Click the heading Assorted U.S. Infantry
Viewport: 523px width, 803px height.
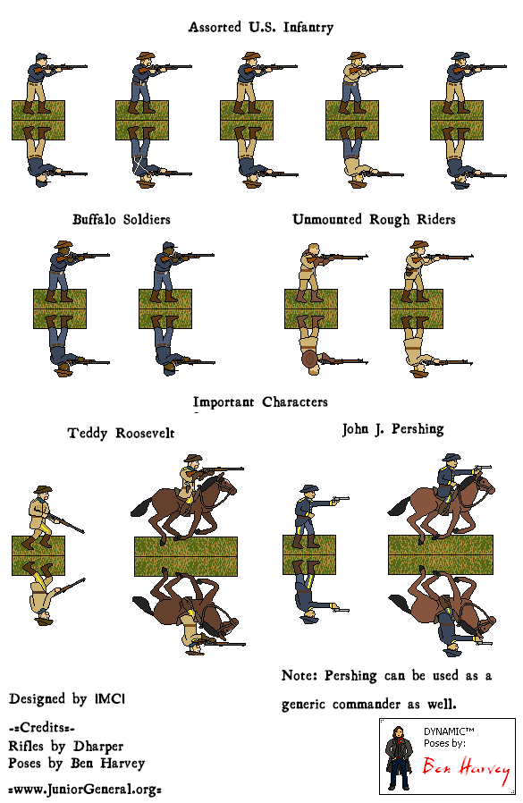pyautogui.click(x=261, y=27)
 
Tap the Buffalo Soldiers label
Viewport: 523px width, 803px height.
pyautogui.click(x=122, y=220)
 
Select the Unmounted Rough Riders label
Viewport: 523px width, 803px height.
pyautogui.click(x=374, y=220)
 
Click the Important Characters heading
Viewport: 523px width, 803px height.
pyautogui.click(x=260, y=402)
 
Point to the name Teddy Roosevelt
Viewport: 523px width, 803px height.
pyautogui.click(x=122, y=434)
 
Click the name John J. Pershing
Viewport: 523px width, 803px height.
pyautogui.click(x=392, y=429)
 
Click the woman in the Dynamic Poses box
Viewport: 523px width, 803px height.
pyautogui.click(x=399, y=757)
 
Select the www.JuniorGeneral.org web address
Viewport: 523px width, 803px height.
pyautogui.click(x=86, y=790)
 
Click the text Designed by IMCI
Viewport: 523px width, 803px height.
pyautogui.click(x=67, y=699)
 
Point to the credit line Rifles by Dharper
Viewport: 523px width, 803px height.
pyautogui.click(x=66, y=746)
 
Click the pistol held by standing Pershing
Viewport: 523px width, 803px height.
pyautogui.click(x=340, y=499)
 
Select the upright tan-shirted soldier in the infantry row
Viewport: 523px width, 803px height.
pyautogui.click(x=354, y=82)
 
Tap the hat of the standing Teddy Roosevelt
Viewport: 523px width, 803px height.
pyautogui.click(x=43, y=490)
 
